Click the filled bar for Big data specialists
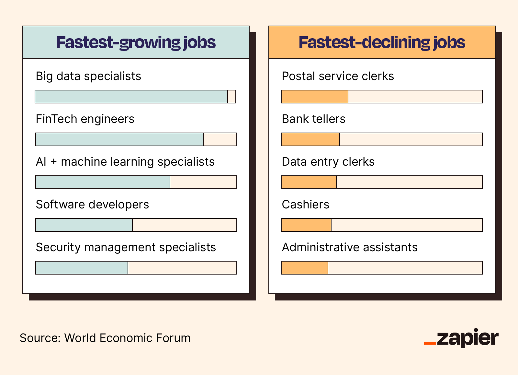pyautogui.click(x=131, y=97)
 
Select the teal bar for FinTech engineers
pyautogui.click(x=119, y=139)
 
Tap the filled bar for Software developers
pyautogui.click(x=84, y=225)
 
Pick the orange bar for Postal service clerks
pyautogui.click(x=315, y=97)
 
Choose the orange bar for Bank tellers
pyautogui.click(x=310, y=139)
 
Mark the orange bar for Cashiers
pyautogui.click(x=306, y=225)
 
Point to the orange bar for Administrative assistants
pyautogui.click(x=305, y=268)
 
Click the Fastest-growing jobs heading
pyautogui.click(x=136, y=42)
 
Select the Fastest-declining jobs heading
pyautogui.click(x=382, y=42)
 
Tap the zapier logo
pyautogui.click(x=461, y=338)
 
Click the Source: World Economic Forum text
pyautogui.click(x=105, y=338)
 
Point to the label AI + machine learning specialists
pyautogui.click(x=125, y=162)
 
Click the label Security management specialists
pyautogui.click(x=126, y=247)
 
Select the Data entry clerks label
pyautogui.click(x=328, y=162)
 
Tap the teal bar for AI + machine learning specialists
pyautogui.click(x=103, y=182)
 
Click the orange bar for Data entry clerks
pyautogui.click(x=309, y=182)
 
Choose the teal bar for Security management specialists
pyautogui.click(x=82, y=268)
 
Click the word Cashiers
pyautogui.click(x=305, y=205)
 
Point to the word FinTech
pyautogui.click(x=56, y=119)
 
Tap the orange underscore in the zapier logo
pyautogui.click(x=430, y=343)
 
